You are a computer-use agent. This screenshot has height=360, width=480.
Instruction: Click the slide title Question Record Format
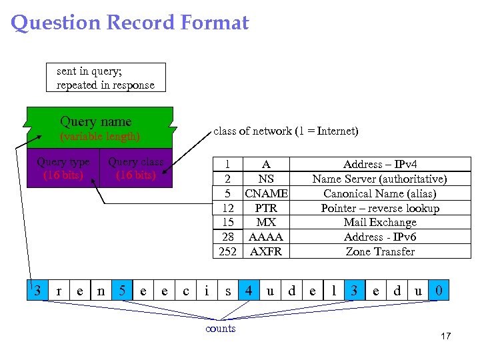130,23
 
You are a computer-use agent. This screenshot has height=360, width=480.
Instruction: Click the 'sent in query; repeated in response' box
105,77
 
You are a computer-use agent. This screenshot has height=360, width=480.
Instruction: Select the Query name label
95,121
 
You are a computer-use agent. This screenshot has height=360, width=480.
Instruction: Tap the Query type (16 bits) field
63,169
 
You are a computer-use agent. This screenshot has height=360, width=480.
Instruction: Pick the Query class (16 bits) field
135,169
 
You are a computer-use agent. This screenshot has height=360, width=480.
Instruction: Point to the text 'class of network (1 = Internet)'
285,131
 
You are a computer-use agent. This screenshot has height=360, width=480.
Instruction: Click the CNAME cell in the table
266,193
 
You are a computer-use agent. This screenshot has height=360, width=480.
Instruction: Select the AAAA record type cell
266,237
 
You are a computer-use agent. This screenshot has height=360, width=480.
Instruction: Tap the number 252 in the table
228,251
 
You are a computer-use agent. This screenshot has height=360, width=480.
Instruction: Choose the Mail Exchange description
380,223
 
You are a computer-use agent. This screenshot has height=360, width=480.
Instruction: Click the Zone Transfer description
380,251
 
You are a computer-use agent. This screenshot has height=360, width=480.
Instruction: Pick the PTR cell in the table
266,208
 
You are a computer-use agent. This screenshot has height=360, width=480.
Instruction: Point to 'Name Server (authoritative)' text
380,179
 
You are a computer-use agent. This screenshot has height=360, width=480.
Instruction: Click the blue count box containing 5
122,291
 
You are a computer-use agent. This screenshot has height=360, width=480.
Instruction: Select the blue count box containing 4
249,291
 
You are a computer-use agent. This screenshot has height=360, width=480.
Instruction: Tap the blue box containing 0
438,291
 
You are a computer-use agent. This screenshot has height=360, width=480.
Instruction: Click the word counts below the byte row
221,329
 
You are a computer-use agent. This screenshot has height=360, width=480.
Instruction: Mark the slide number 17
445,336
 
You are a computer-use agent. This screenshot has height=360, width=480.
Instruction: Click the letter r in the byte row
59,291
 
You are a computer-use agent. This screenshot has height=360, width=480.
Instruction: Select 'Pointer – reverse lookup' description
380,208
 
